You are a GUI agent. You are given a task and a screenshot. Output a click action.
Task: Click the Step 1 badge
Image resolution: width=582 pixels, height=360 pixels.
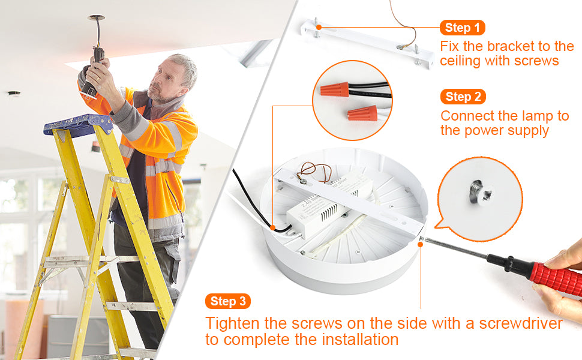(463, 28)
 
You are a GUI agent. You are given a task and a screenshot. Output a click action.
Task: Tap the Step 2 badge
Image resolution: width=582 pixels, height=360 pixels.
(463, 97)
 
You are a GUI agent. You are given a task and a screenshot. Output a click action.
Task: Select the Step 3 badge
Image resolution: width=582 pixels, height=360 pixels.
(228, 301)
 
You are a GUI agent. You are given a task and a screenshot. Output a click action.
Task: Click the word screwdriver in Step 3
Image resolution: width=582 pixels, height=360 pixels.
(521, 323)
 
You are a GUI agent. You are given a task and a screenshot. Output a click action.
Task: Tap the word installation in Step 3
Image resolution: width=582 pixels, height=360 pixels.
(360, 339)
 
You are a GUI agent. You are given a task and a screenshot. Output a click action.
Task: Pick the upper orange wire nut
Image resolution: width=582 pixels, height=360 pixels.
(334, 89)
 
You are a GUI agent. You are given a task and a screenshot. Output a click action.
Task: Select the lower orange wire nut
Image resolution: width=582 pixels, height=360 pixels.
(362, 113)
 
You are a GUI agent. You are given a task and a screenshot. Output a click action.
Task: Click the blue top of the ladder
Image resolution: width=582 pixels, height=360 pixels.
(79, 125)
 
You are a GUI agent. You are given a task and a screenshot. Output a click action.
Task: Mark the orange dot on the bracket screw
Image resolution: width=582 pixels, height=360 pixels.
(319, 27)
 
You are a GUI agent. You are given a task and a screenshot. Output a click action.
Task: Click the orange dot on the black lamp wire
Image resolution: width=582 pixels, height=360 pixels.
(273, 227)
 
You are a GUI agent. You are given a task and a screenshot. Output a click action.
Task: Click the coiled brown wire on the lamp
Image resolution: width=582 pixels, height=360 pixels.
(316, 172)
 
